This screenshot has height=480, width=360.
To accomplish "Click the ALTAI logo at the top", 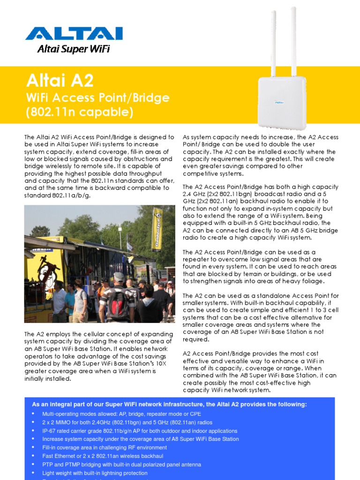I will click(x=74, y=34).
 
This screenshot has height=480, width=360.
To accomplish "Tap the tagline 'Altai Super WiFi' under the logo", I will click(x=73, y=49).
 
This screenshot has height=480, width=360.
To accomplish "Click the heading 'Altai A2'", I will click(x=60, y=81).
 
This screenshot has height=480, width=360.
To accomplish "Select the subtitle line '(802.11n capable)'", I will click(x=80, y=112).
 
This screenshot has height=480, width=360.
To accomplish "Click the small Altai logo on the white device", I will click(x=279, y=102).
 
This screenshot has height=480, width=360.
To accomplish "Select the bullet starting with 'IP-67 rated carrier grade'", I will click(x=140, y=431).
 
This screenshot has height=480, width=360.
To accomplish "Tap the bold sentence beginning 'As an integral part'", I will click(x=169, y=405).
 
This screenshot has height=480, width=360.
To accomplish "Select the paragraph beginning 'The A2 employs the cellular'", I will click(x=99, y=356).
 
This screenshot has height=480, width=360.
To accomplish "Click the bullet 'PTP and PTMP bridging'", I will click(x=121, y=465).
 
